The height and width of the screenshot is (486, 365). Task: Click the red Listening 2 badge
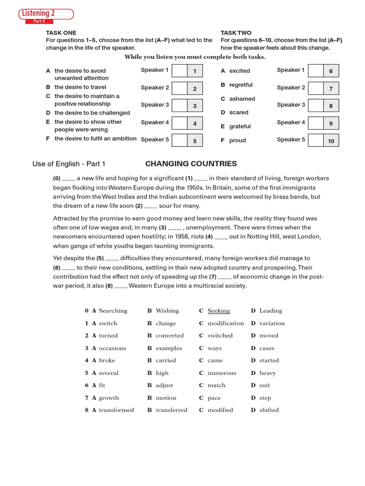[x=46, y=14]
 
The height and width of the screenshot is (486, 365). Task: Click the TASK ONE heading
[x=61, y=33]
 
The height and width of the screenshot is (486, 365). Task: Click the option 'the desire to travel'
[x=80, y=87]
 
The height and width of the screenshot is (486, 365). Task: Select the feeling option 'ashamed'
[x=242, y=99]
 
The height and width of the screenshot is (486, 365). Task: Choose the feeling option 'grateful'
[x=240, y=126]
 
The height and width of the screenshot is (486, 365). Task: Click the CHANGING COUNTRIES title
[x=191, y=164]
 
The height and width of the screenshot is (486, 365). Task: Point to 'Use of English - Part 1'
[x=69, y=164]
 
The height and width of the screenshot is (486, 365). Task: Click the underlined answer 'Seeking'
[x=219, y=311]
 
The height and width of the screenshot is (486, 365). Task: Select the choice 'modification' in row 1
[x=225, y=323]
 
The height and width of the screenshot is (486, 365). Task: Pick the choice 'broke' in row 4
[x=107, y=360]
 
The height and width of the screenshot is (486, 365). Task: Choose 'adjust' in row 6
[x=164, y=385]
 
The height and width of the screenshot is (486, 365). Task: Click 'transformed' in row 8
[x=116, y=410]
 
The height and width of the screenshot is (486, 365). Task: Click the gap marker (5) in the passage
[x=100, y=258]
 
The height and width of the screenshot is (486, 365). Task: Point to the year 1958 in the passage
[x=182, y=236]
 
